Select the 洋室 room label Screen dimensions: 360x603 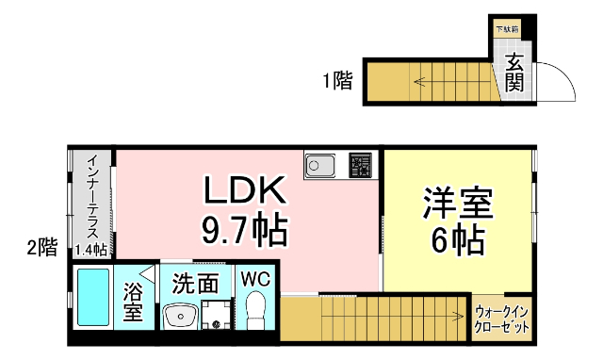click(459, 203)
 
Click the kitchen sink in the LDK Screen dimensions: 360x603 click(320, 166)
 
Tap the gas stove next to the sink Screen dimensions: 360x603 click(360, 166)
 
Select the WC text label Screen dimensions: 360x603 click(255, 280)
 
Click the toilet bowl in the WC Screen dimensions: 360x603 click(254, 310)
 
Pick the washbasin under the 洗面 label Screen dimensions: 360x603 click(179, 314)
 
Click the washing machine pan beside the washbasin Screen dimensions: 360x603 click(216, 314)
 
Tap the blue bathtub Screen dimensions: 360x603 click(92, 298)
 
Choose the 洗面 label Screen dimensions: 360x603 click(195, 283)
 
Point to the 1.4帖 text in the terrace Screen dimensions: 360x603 click(90, 249)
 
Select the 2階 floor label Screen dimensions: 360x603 click(42, 248)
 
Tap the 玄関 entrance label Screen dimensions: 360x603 click(514, 74)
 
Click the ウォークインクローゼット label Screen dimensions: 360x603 click(501, 318)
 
